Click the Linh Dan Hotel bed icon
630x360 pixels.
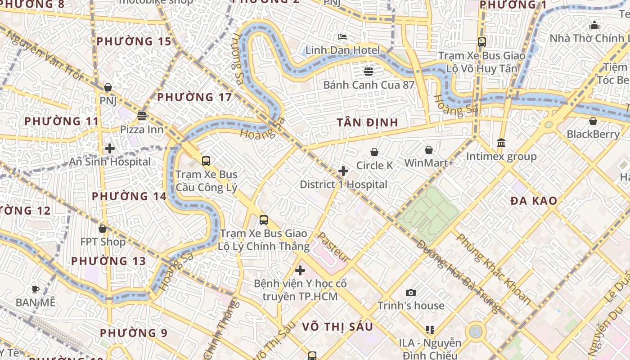coord(342,36)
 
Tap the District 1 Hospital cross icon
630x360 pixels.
coord(343,171)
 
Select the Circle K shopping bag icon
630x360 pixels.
coord(374,153)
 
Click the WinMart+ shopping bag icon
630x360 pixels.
coord(429,149)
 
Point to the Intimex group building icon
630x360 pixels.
coord(501,143)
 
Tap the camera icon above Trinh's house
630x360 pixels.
coord(410,293)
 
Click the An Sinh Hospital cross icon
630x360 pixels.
coord(109,148)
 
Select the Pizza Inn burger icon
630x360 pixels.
coord(142,116)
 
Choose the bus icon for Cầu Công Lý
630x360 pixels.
coord(206,161)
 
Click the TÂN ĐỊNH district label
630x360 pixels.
coord(368,122)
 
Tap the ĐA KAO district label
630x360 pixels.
coord(534,201)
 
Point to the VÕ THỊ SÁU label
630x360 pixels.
coord(337,327)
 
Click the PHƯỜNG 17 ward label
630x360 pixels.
coord(194,97)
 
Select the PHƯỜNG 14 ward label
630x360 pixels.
coord(129,196)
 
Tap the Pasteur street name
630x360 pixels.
coord(333,247)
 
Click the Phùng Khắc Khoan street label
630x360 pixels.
coord(493,269)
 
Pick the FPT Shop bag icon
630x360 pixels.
coord(103,229)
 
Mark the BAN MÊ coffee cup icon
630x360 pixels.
coord(36,289)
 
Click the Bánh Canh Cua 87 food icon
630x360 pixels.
coord(369,71)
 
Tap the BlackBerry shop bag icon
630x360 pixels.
coord(593,121)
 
